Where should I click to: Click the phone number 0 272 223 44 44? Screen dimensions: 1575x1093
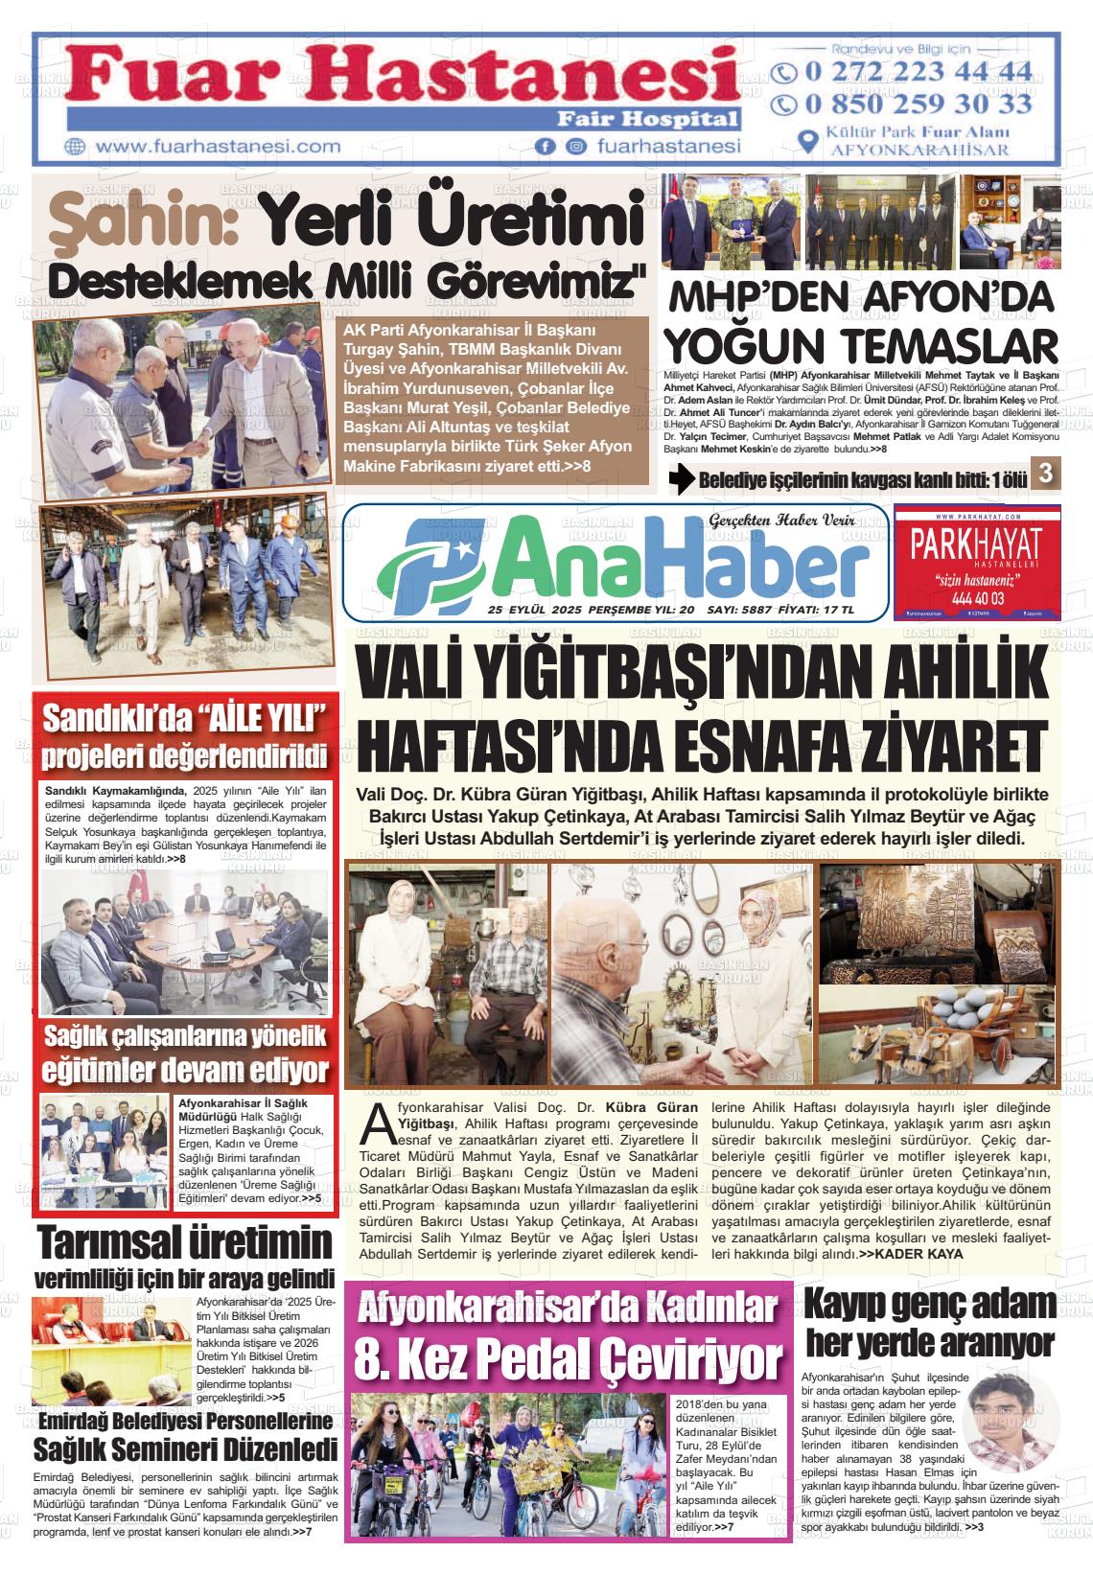click(x=916, y=73)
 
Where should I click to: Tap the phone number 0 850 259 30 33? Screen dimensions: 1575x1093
click(x=916, y=104)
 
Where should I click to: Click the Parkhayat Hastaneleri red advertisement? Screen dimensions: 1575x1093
click(x=976, y=562)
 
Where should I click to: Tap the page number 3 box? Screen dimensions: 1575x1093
click(x=1045, y=473)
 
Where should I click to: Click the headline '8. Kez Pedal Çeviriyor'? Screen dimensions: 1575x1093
click(x=568, y=1355)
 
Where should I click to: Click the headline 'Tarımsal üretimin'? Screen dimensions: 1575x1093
click(x=184, y=1243)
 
